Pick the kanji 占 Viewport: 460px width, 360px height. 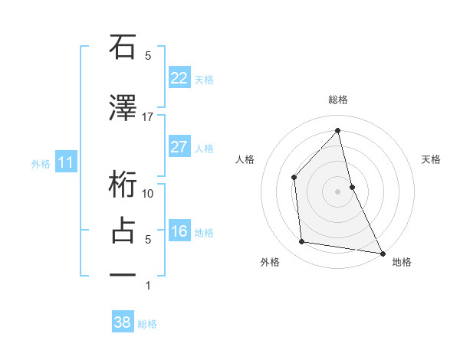tap(123, 231)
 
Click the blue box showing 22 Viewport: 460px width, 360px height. tap(179, 78)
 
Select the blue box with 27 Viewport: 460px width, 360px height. tap(179, 147)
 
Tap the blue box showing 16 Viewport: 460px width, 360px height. tap(179, 232)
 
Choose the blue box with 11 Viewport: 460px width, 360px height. tap(67, 162)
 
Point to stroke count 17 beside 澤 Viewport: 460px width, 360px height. tap(148, 117)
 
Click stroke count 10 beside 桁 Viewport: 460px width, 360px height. tap(148, 194)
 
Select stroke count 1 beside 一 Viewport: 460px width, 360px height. tap(148, 286)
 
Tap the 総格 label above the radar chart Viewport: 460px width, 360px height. tap(338, 100)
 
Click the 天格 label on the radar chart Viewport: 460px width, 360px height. tap(432, 159)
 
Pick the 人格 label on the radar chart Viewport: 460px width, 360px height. tap(245, 159)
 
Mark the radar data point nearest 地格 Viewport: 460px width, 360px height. tap(381, 252)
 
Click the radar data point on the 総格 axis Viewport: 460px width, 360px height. tap(338, 131)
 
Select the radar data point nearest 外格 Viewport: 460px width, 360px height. tap(302, 242)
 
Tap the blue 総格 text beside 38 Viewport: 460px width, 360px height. tap(147, 324)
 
